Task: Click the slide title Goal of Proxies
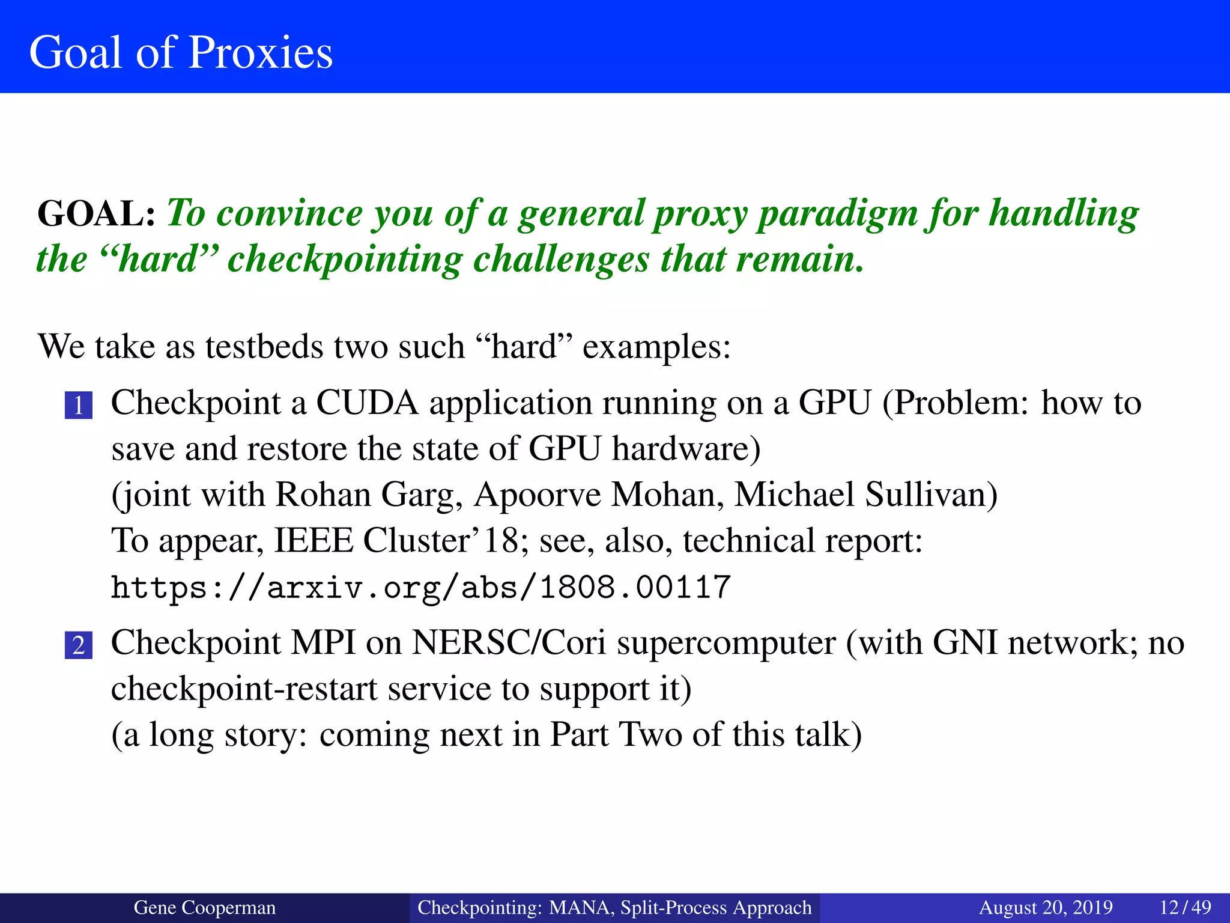point(181,52)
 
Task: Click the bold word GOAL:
point(96,214)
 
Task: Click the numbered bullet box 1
point(79,405)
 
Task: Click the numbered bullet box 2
point(79,645)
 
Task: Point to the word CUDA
point(366,403)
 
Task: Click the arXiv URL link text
point(420,587)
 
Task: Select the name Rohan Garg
point(368,495)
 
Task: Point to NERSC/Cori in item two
point(508,643)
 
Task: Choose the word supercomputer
point(726,643)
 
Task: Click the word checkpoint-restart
point(243,689)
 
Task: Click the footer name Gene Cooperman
point(204,907)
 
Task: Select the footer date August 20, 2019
point(1046,907)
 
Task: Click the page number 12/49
point(1185,907)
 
